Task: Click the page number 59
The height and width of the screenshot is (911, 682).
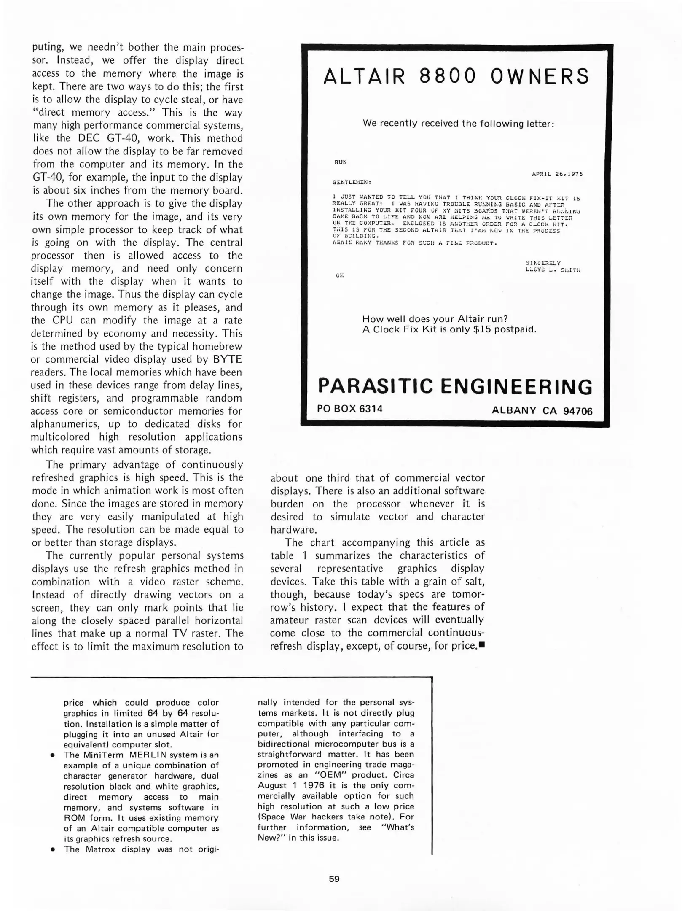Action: (334, 879)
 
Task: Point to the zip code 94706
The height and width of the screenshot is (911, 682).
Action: (577, 411)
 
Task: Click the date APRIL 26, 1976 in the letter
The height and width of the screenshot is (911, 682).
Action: (557, 174)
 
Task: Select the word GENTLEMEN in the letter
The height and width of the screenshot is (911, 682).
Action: (351, 182)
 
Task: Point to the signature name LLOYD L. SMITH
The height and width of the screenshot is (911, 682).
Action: (553, 270)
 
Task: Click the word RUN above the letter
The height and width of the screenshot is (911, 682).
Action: (341, 162)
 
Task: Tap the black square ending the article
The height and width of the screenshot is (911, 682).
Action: (482, 645)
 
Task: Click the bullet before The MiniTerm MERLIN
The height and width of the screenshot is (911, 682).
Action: (52, 755)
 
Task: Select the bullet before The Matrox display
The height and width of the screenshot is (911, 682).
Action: (52, 850)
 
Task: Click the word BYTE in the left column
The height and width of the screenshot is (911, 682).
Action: (228, 359)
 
